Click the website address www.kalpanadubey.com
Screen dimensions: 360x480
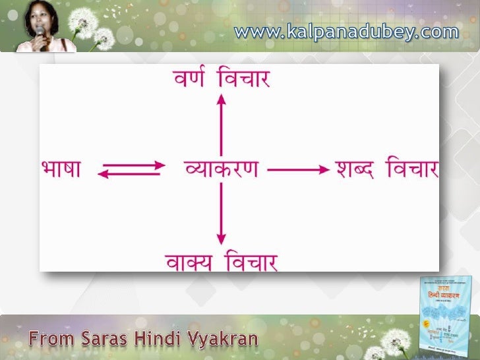pyautogui.click(x=346, y=31)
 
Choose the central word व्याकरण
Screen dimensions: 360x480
pyautogui.click(x=221, y=169)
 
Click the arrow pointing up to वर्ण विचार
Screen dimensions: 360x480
pyautogui.click(x=222, y=125)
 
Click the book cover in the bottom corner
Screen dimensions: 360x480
pyautogui.click(x=448, y=314)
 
